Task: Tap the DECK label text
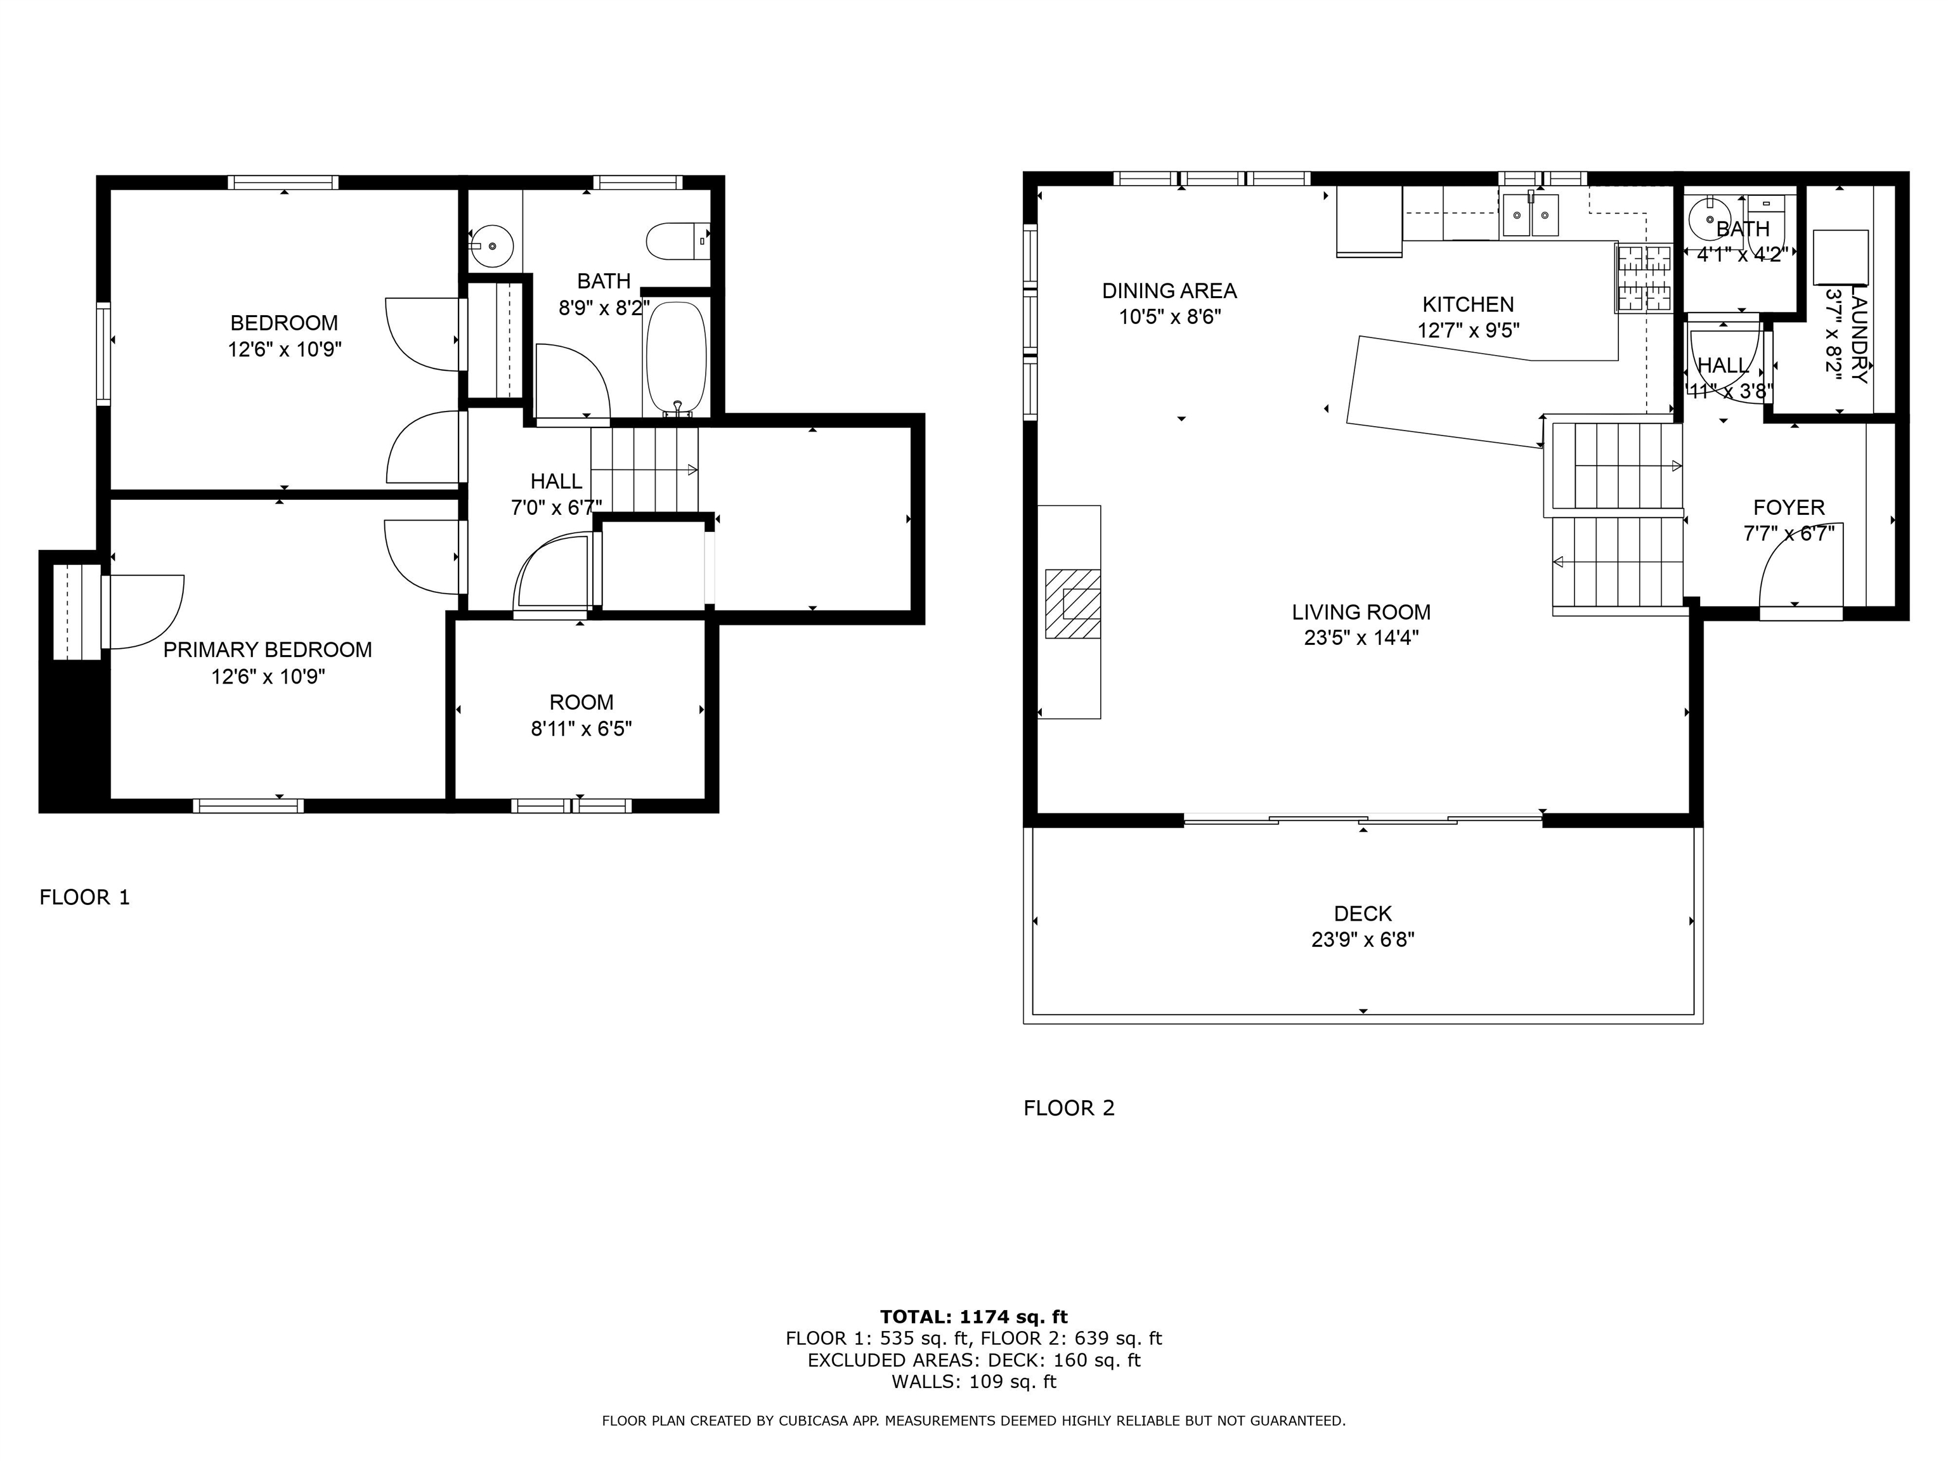click(1362, 913)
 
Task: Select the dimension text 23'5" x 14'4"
click(1361, 637)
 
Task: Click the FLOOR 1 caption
click(84, 897)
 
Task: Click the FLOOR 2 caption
click(1068, 1108)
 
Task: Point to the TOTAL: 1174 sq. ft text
click(973, 1316)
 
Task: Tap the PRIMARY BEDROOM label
click(268, 650)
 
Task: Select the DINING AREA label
click(1169, 290)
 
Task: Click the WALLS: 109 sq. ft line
click(973, 1382)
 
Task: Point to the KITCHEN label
click(1468, 305)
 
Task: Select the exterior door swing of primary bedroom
click(145, 610)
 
